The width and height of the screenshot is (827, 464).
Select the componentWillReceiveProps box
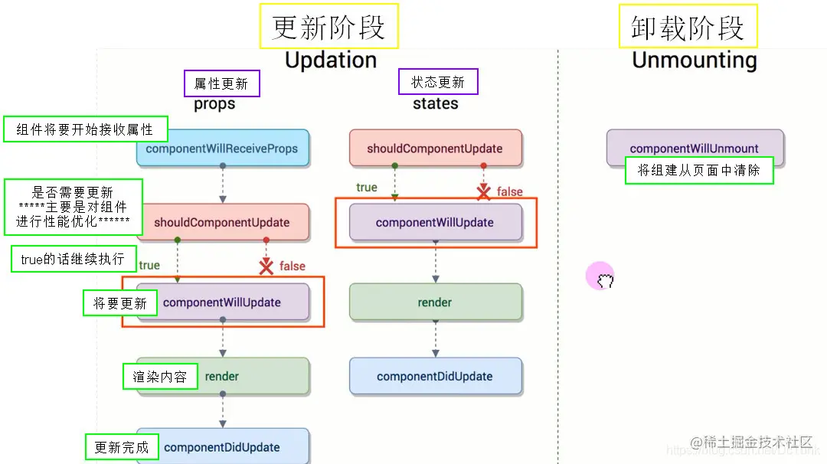point(222,149)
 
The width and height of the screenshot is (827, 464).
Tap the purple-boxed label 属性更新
point(221,83)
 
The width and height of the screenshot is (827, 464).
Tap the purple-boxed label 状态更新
point(438,82)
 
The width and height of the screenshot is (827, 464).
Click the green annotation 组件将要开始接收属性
point(84,129)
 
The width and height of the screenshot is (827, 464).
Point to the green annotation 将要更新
point(120,303)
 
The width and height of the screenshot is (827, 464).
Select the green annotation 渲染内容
point(159,377)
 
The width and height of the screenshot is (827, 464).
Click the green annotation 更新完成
point(121,447)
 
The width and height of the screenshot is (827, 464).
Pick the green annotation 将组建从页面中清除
point(698,171)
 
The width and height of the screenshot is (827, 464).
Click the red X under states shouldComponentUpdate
point(483,192)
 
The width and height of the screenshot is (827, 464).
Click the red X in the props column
point(266,266)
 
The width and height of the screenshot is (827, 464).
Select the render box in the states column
point(435,302)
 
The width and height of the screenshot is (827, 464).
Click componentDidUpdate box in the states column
point(435,377)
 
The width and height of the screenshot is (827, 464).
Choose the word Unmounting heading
point(694,60)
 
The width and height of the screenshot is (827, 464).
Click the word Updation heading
point(330,60)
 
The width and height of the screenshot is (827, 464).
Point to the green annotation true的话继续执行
point(73,260)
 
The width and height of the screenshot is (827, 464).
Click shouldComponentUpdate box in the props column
point(222,223)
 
